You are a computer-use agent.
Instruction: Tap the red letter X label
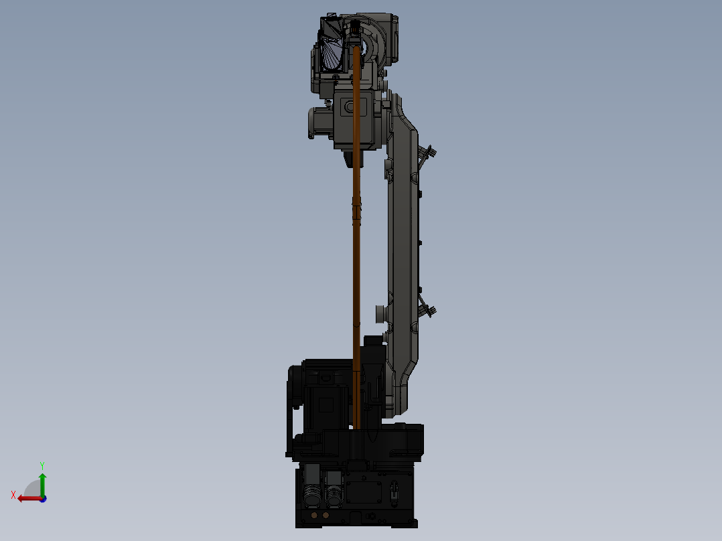pos(13,495)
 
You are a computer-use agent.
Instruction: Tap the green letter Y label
pos(42,465)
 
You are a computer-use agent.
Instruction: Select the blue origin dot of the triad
pos(43,499)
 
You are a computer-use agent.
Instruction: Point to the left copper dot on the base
pos(315,516)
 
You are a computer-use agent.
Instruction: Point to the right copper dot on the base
pos(326,516)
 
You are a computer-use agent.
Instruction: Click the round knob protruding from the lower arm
pos(380,312)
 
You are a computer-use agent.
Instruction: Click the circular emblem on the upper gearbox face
pos(348,106)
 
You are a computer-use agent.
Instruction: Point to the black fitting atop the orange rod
pos(355,29)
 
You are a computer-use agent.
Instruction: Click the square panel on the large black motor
pos(327,404)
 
